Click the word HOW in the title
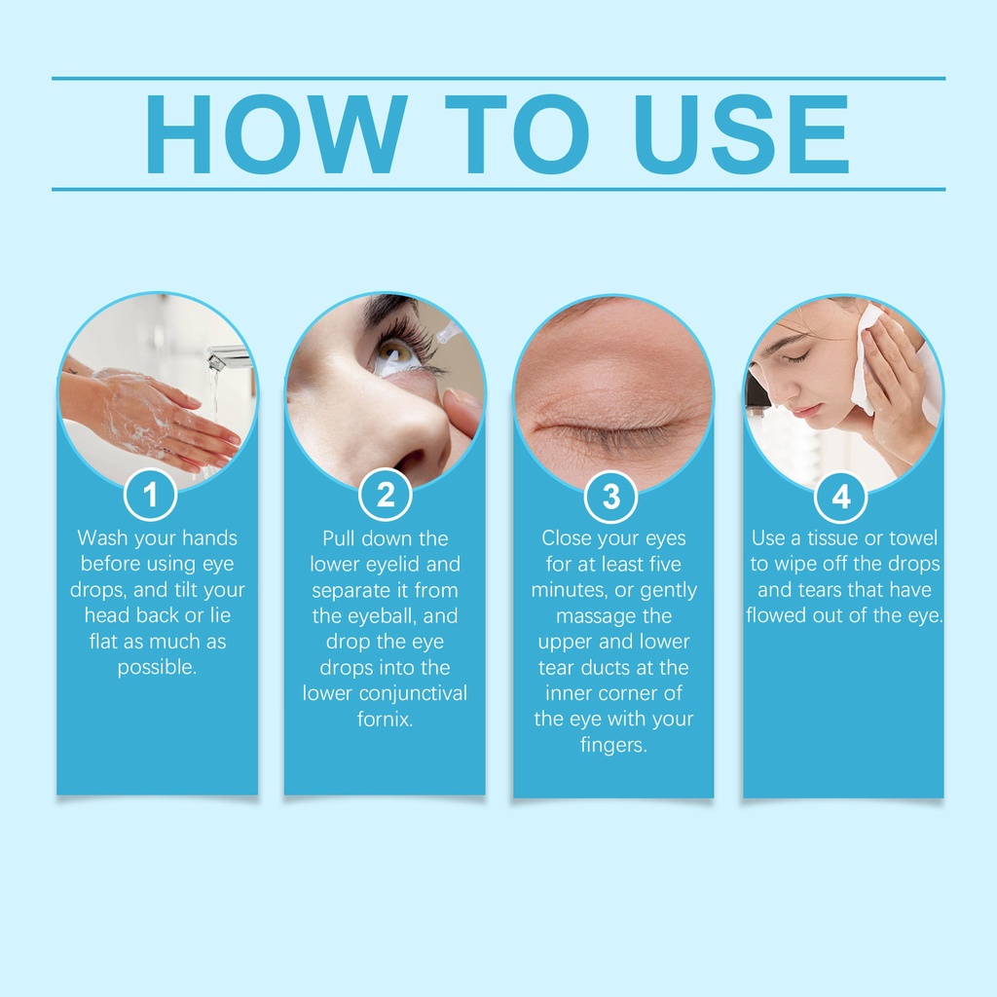(277, 134)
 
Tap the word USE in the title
(741, 134)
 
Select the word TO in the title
(517, 134)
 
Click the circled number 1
(150, 494)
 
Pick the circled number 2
(386, 495)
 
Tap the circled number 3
(611, 497)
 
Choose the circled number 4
(840, 496)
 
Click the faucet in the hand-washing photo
(227, 358)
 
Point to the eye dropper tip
(448, 331)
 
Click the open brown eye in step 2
(395, 351)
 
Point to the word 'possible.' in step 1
(157, 668)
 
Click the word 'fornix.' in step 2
(385, 720)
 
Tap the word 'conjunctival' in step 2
(413, 693)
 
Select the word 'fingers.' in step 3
(613, 745)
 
